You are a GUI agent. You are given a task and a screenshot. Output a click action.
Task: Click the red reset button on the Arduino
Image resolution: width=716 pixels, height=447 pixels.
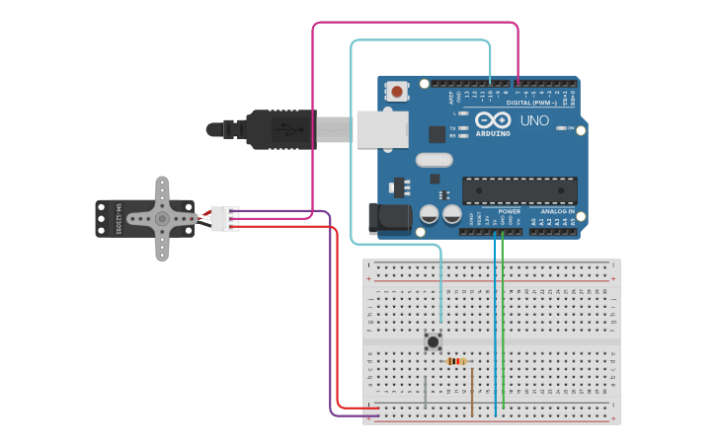pos(397,92)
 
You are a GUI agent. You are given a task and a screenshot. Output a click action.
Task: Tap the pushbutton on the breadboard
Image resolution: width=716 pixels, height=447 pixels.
pos(433,341)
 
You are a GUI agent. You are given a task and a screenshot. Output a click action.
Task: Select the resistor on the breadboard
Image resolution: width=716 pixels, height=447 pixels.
pos(455,361)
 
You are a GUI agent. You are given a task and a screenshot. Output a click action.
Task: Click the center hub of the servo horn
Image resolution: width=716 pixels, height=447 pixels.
pos(161,218)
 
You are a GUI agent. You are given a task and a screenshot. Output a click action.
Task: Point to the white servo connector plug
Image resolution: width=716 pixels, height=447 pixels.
pos(225,218)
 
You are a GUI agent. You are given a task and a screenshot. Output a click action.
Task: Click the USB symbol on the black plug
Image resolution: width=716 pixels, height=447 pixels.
pos(284,128)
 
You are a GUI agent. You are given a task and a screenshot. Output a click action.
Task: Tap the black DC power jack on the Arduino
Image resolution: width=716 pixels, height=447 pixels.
pos(387,218)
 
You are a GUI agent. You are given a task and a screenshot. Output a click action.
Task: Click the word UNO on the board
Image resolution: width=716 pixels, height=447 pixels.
pos(534,120)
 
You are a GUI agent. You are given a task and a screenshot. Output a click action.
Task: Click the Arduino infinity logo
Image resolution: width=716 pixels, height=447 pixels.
pos(493,119)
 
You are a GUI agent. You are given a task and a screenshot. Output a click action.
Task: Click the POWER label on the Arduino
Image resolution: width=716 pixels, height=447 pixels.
pos(510,211)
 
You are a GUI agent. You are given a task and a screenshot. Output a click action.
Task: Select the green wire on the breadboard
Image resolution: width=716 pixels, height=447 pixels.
pos(503,326)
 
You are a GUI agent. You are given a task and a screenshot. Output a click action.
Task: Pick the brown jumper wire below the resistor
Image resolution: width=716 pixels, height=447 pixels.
pos(472,390)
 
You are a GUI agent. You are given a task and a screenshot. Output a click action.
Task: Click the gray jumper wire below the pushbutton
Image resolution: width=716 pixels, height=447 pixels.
pos(426,391)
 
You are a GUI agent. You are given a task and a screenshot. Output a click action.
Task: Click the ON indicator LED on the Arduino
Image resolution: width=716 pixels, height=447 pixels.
pos(560,128)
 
